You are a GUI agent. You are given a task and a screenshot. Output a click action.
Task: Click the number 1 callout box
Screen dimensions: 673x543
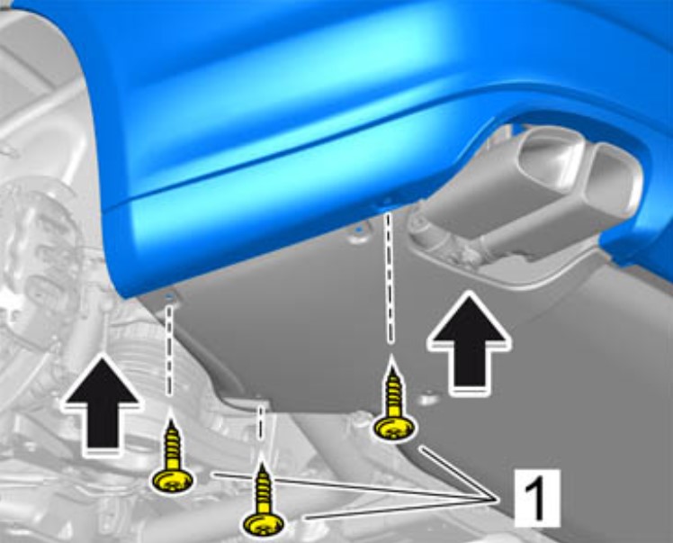(537, 498)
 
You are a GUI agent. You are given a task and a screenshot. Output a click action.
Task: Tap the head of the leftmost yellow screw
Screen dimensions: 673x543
(172, 480)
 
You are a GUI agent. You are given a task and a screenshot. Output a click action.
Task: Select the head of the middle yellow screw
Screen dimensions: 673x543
(264, 524)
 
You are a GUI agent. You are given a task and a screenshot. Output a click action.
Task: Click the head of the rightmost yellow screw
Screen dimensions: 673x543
(395, 429)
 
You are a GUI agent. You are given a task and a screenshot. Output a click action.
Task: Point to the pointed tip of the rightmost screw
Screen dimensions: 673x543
(391, 356)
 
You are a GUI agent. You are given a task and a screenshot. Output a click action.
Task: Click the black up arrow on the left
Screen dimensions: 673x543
(102, 403)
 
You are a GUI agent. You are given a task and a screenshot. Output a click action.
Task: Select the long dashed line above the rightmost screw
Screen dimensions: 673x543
(389, 275)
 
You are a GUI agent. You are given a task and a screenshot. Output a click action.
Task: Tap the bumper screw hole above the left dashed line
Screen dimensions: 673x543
(169, 296)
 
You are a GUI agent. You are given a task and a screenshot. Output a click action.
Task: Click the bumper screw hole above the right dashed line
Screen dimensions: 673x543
(387, 201)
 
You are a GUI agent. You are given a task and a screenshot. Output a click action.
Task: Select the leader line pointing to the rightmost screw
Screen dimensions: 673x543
(458, 473)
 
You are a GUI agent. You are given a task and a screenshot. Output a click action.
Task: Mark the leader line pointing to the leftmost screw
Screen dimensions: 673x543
(354, 486)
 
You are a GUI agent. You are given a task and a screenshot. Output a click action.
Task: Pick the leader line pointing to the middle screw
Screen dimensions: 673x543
(400, 509)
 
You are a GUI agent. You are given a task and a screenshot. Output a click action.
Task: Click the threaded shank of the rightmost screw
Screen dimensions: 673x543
(392, 389)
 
